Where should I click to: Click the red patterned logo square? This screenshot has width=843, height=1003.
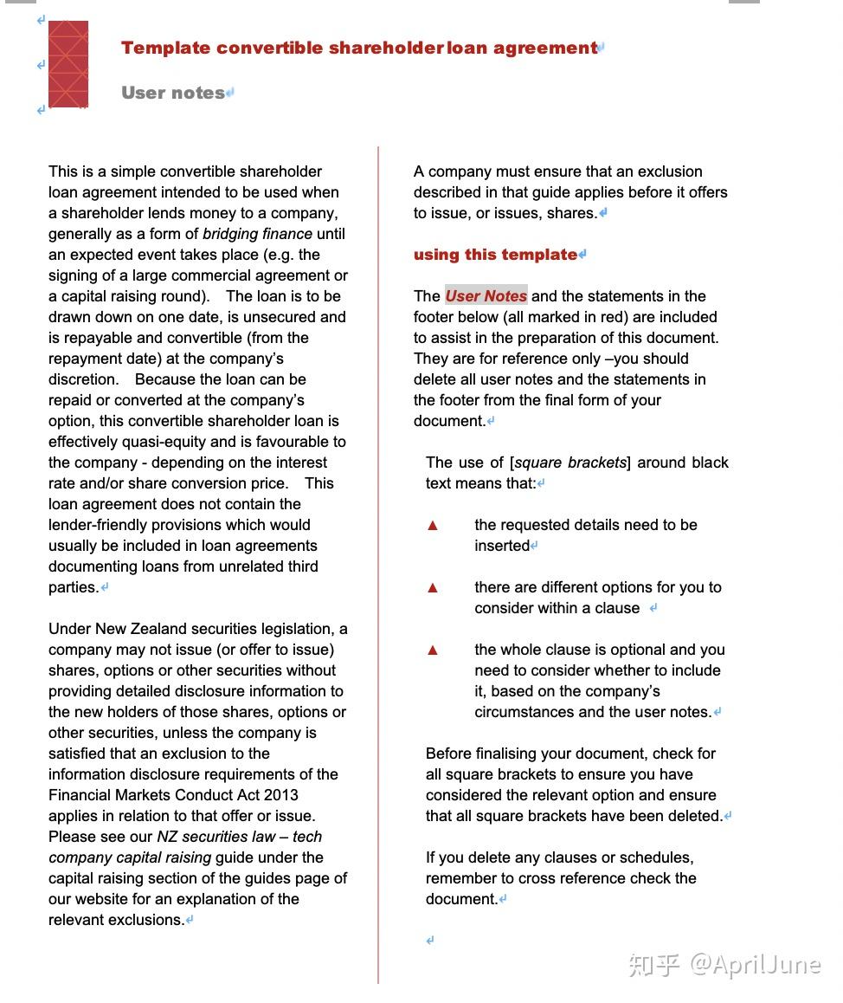(68, 64)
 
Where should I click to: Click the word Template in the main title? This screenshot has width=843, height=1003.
(164, 48)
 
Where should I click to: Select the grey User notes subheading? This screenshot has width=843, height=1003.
(173, 93)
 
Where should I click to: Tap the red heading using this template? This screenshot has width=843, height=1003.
(495, 255)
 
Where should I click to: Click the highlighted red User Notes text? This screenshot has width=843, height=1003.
(486, 296)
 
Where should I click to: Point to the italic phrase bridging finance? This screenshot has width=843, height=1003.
(257, 234)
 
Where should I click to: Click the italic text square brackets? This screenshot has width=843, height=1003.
(570, 463)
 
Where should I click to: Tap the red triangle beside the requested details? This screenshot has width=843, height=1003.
(433, 526)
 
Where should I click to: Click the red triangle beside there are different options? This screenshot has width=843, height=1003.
(433, 588)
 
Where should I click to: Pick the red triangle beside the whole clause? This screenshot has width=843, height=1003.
(433, 650)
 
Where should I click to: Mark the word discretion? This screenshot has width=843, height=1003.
(83, 379)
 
